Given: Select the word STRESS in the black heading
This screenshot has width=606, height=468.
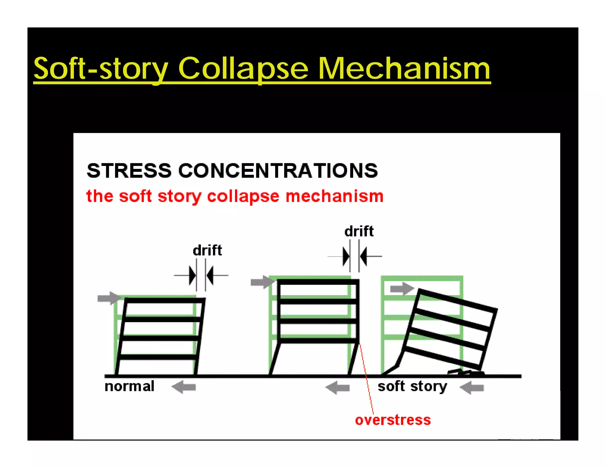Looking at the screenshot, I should (129, 171).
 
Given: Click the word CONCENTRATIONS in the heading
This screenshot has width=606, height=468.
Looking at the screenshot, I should (278, 171).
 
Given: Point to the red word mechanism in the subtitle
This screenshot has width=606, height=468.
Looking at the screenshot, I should (334, 196).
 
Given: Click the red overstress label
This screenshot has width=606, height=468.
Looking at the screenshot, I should (393, 420).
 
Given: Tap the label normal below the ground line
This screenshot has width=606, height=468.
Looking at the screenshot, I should (129, 386).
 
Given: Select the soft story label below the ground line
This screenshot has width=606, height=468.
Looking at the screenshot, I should (412, 386).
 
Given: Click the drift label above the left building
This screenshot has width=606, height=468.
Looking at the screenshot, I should (207, 250).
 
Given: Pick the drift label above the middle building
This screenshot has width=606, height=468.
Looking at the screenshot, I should (359, 231).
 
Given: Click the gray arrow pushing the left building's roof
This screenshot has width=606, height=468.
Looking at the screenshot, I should (109, 298).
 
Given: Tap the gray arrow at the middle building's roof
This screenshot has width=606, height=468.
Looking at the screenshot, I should (262, 282).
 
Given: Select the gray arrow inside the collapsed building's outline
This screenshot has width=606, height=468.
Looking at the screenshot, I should (402, 288).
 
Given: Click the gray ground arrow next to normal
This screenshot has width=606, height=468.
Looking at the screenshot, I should (184, 387).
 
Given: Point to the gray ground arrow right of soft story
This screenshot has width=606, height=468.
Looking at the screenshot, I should (472, 388).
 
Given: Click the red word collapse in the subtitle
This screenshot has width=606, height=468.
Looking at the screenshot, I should (243, 196).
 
